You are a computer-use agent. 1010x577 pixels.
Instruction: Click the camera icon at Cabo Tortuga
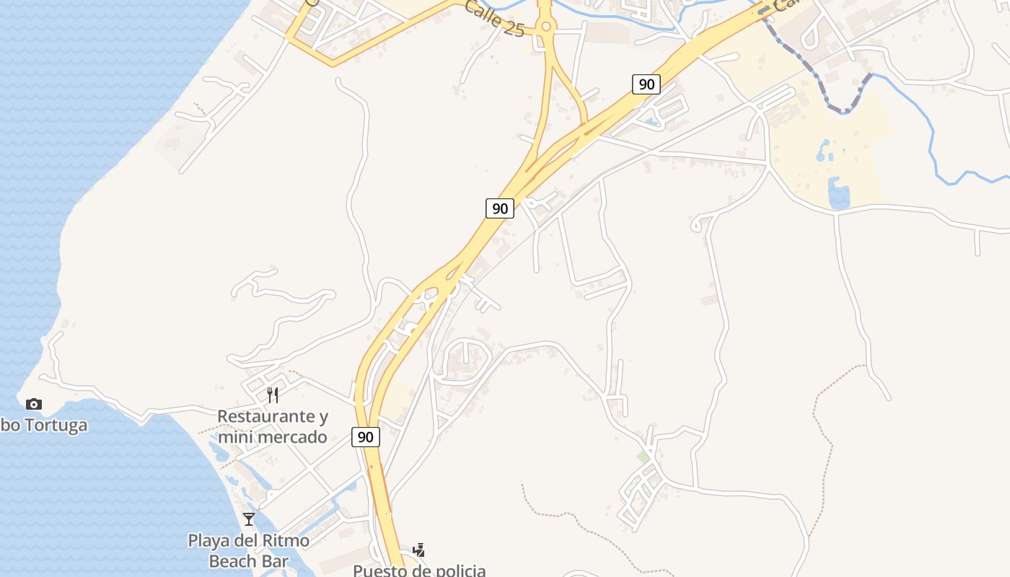pos(33,404)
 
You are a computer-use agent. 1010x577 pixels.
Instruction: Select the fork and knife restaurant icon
pos(273,395)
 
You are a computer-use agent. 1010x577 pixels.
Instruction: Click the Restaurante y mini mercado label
pos(273,426)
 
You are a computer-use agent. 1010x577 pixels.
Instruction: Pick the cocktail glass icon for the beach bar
pos(249,519)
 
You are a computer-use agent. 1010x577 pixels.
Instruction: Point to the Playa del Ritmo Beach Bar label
pos(249,550)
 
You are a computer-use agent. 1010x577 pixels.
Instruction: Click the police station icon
pos(418,550)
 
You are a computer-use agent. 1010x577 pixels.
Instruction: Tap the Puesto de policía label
pos(418,570)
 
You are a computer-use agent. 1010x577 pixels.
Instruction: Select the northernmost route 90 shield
pos(646,84)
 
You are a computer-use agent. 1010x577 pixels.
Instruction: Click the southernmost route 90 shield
pos(366,436)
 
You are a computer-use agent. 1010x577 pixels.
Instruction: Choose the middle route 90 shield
pos(499,208)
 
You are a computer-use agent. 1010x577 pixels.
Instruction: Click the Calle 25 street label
pos(493,18)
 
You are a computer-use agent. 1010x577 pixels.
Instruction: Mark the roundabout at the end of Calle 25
pos(545,27)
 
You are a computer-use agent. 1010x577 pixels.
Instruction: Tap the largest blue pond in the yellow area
pos(838,196)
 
